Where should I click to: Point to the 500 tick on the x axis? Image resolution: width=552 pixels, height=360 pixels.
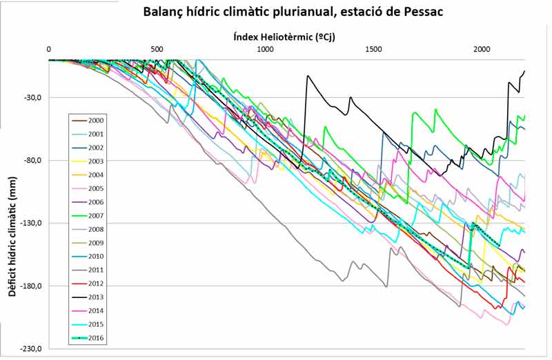pyautogui.click(x=157, y=50)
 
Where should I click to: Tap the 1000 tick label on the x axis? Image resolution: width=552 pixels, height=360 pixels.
pyautogui.click(x=265, y=50)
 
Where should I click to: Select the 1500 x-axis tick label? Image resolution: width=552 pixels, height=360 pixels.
pyautogui.click(x=373, y=50)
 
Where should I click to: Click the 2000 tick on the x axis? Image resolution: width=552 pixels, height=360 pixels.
pyautogui.click(x=482, y=50)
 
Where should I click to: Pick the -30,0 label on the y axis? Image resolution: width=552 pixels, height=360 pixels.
pyautogui.click(x=32, y=97)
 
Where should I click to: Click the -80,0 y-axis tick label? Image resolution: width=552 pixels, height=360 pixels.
pyautogui.click(x=32, y=161)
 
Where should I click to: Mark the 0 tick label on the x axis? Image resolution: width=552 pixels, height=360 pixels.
pyautogui.click(x=49, y=50)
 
